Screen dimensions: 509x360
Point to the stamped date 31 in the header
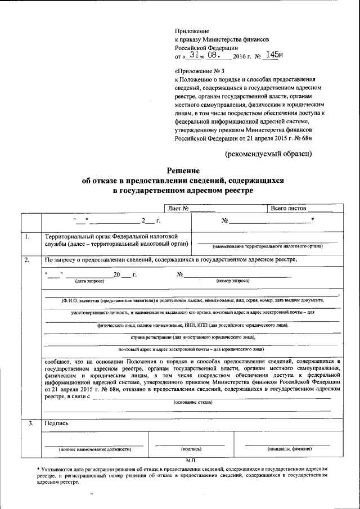click(x=193, y=56)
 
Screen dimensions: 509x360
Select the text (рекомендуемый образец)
click(x=268, y=153)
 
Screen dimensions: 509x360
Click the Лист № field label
click(x=176, y=208)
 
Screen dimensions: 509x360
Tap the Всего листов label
click(x=289, y=208)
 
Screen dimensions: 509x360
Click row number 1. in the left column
click(x=26, y=237)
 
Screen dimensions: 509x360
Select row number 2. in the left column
click(x=26, y=260)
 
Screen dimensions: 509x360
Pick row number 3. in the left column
click(x=26, y=422)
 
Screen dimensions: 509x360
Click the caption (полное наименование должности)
click(x=94, y=449)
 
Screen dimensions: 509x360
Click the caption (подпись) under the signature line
click(x=191, y=449)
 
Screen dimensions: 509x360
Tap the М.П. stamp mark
click(x=190, y=460)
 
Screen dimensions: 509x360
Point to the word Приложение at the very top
click(x=192, y=31)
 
